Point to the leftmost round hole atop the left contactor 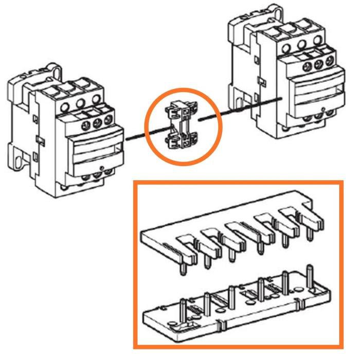click(x=65, y=107)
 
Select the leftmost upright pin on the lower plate click(x=183, y=309)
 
